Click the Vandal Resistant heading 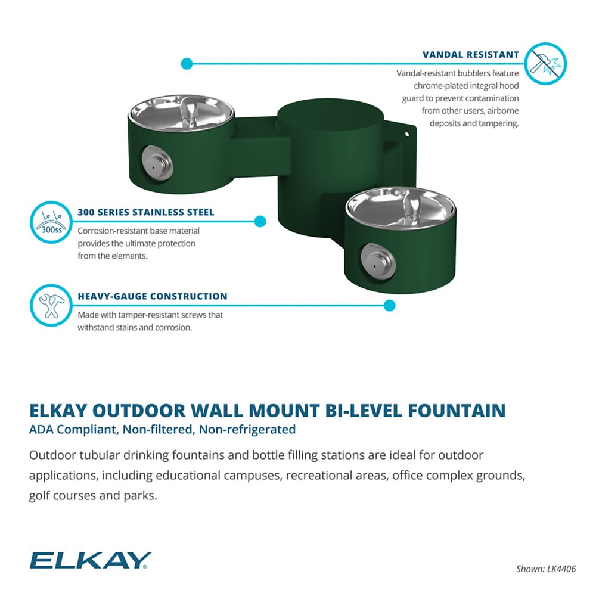[470, 55]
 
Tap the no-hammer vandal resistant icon [545, 63]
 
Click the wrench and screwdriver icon [50, 305]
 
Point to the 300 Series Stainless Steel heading [145, 212]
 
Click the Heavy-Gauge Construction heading [152, 296]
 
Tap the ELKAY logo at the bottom [90, 560]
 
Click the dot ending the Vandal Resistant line [187, 63]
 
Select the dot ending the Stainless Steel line [260, 222]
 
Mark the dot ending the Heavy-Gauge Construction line [389, 305]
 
